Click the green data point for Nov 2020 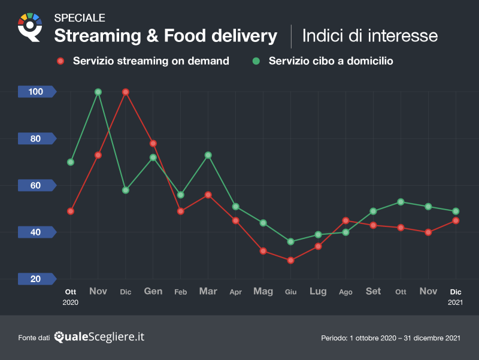tap(98, 92)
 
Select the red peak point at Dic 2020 tap(126, 92)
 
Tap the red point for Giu tap(291, 261)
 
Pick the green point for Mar tap(208, 155)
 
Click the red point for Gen tap(153, 144)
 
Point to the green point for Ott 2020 tap(71, 162)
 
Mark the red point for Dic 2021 tap(456, 220)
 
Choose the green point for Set tap(374, 211)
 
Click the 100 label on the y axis tap(36, 92)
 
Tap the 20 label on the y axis tap(36, 279)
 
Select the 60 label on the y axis tap(36, 185)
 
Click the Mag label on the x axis tap(263, 292)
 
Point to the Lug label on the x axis tap(318, 292)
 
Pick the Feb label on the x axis tap(181, 292)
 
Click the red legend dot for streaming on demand tap(60, 61)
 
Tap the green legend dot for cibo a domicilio tap(256, 61)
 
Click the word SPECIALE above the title tap(80, 18)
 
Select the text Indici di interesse tap(369, 36)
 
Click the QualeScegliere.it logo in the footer tap(99, 337)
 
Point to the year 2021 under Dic tap(456, 303)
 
